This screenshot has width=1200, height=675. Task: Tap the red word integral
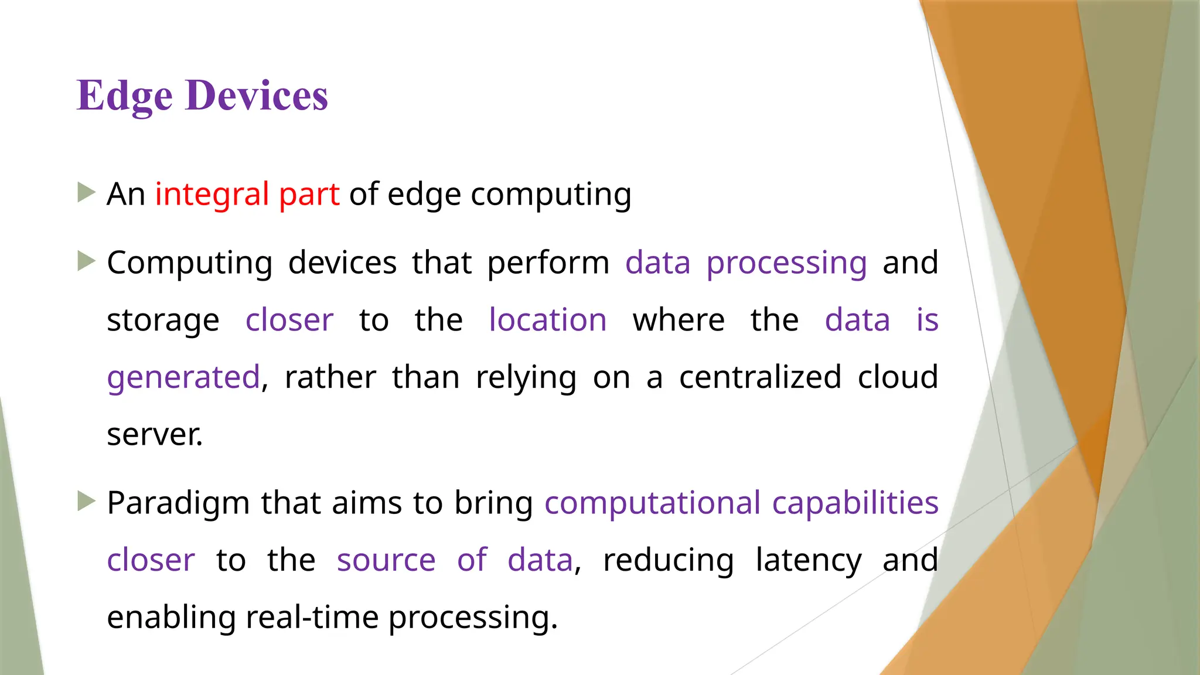(x=212, y=194)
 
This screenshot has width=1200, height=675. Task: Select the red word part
(x=309, y=195)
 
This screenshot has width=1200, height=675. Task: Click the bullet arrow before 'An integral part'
(x=86, y=192)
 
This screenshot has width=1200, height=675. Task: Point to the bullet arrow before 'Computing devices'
(x=86, y=261)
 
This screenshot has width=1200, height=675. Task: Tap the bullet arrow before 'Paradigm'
(x=86, y=501)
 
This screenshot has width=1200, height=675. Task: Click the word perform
(x=548, y=263)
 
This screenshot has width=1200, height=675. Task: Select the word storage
(x=163, y=321)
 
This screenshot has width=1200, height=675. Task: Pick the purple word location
(x=548, y=320)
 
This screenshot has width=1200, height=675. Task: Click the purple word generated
(x=183, y=377)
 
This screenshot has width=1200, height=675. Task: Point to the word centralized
(x=760, y=377)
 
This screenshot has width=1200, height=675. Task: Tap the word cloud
(x=898, y=377)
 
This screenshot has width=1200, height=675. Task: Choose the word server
(x=155, y=435)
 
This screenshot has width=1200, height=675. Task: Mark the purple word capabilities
(x=855, y=503)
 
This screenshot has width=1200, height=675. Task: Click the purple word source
(x=386, y=560)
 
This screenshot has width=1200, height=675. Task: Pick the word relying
(x=526, y=378)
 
